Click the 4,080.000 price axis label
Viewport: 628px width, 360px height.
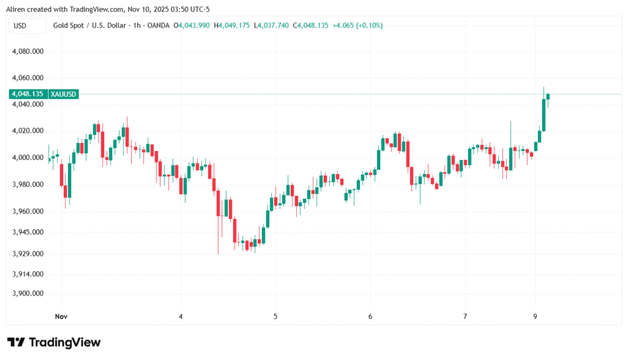click(x=28, y=52)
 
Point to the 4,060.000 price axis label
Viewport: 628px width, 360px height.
click(x=28, y=78)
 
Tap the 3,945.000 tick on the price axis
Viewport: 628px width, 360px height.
click(x=28, y=232)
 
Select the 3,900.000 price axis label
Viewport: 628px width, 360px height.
click(x=28, y=294)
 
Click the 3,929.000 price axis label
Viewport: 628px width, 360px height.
click(x=28, y=254)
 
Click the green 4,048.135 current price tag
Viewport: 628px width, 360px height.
click(x=27, y=94)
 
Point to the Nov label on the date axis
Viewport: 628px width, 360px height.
click(x=60, y=316)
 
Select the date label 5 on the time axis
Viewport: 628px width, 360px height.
click(x=276, y=316)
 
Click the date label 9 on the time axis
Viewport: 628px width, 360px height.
click(x=535, y=316)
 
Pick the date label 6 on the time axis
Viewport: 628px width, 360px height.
click(x=370, y=316)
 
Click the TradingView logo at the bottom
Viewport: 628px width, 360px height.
click(x=53, y=342)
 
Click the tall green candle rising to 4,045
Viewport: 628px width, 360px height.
click(x=544, y=115)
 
